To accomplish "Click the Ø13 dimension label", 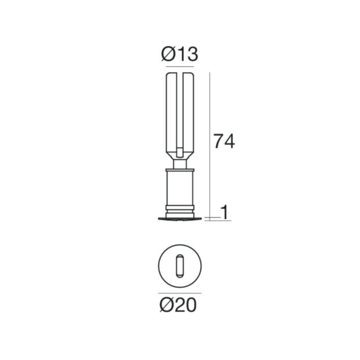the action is pos(180,54).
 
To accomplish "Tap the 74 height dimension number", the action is pos(224,141).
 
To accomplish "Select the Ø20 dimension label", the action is pos(178,305).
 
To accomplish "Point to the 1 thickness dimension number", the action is pos(225,212).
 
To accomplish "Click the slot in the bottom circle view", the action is pos(180,266).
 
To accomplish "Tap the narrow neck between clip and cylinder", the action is pos(180,164).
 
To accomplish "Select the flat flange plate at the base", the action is pos(180,219).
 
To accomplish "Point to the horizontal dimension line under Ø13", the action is pos(180,67).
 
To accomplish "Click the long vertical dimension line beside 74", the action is pos(210,146).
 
